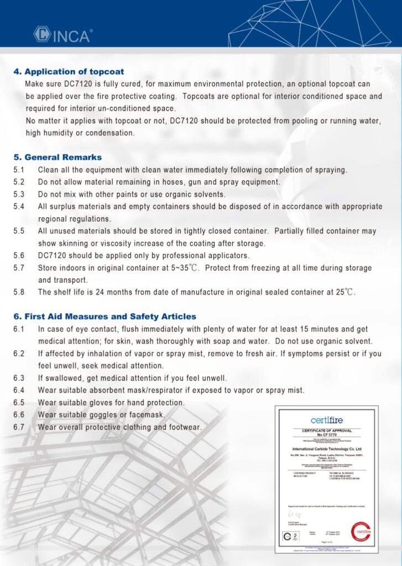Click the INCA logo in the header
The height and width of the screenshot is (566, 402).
coord(62,35)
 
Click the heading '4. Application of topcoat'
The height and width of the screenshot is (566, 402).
coord(69,72)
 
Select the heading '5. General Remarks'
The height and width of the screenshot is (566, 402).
coord(58,158)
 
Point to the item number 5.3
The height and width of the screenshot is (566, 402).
coord(19,194)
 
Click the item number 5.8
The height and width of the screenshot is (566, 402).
coord(19,292)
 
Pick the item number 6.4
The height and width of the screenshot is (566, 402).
coord(19,390)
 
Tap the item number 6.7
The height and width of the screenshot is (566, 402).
coord(19,427)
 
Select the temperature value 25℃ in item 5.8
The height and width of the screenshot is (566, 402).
coord(342,292)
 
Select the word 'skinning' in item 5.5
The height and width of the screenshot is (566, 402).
coord(74,243)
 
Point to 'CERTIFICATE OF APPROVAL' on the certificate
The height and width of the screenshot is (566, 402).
coord(326,431)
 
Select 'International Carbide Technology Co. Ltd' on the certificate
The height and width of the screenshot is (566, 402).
coord(326,449)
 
